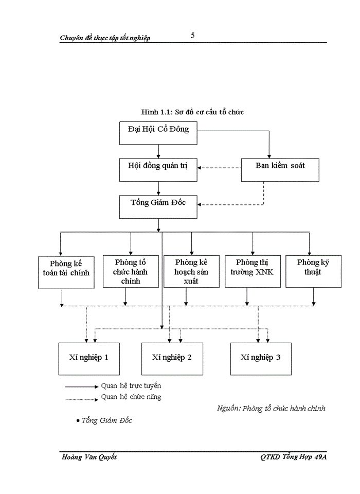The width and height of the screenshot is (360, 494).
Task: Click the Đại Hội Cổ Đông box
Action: pos(158,133)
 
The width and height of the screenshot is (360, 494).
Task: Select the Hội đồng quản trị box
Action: pos(158,169)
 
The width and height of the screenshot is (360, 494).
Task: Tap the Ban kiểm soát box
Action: pos(280,169)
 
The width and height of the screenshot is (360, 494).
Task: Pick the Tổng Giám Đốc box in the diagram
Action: pos(158,206)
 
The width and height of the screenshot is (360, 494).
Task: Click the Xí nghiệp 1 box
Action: pos(88,358)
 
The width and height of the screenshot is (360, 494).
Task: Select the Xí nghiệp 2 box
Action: pos(172,358)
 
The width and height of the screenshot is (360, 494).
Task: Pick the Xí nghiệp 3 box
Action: pos(260,358)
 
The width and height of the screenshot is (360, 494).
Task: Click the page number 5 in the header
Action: pos(192,36)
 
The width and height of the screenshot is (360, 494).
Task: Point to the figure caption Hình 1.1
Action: pos(192,112)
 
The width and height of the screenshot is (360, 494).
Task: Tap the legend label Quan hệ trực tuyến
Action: pos(131,385)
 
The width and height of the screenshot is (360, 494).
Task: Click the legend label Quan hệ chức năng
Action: pos(131,397)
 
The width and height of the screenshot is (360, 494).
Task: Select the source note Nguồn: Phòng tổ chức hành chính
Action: pos(271,408)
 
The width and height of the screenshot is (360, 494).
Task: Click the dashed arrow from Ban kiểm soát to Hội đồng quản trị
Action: pos(220,168)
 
